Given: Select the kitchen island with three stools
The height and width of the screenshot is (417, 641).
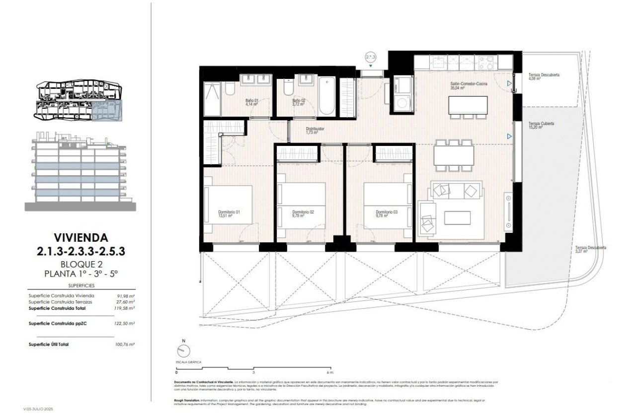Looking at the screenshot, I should coord(468,105).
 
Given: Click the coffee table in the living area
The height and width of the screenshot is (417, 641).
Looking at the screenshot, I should coord(457,217).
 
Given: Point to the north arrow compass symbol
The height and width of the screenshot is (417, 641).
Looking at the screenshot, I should coord(183,351).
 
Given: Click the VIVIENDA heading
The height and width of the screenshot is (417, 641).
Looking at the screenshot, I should coord(80,238).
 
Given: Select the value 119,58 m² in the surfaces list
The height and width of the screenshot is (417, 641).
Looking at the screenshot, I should coord(124,308).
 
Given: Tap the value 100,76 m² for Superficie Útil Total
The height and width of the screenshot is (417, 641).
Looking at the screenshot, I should coord(124,344).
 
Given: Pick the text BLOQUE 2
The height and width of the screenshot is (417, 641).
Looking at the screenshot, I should coord(80,264).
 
